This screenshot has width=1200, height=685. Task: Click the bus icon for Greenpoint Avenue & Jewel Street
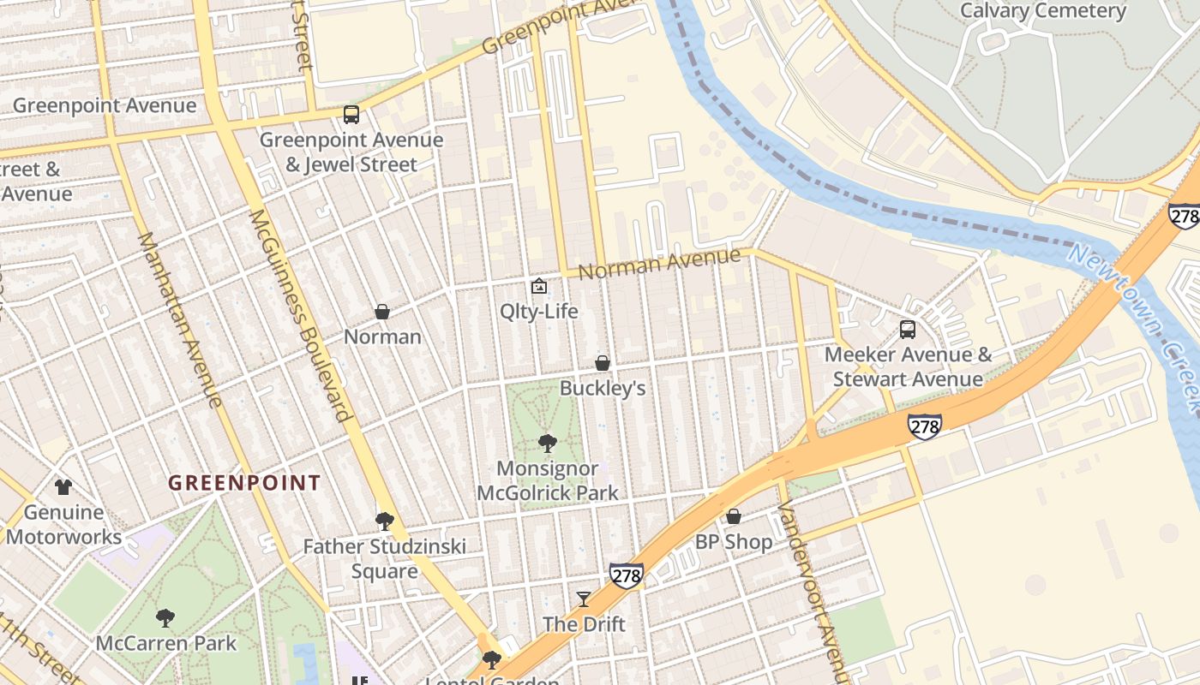[351, 115]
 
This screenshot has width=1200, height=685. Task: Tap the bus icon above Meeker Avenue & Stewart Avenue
[907, 330]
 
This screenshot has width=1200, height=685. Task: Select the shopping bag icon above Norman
[382, 312]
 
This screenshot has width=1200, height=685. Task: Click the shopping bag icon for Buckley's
[603, 363]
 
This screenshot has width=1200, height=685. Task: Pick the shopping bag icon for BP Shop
[734, 516]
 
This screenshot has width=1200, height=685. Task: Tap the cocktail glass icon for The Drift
[584, 599]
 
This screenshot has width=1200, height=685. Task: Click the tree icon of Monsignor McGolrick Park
[547, 444]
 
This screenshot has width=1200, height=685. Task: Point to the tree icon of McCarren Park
[165, 617]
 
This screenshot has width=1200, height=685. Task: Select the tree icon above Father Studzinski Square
[385, 521]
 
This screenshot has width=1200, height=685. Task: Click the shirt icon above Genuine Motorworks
[63, 487]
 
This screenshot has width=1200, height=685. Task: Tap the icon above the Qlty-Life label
[538, 286]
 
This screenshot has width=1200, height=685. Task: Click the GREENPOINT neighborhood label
[244, 483]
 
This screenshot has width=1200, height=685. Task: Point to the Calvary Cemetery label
[1042, 11]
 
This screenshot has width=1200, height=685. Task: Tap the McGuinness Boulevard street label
[300, 314]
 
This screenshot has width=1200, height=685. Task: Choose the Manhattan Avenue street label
[180, 319]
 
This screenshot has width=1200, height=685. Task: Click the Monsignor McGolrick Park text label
[547, 480]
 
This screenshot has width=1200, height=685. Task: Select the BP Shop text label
[734, 542]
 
